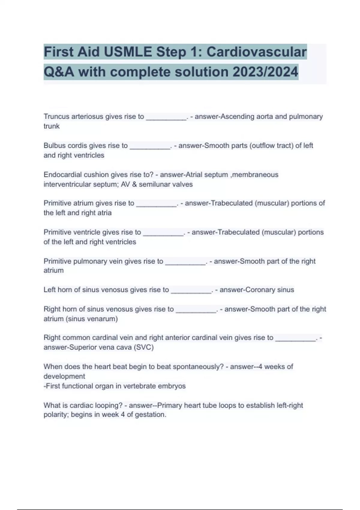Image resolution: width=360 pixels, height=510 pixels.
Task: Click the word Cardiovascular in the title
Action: (256, 52)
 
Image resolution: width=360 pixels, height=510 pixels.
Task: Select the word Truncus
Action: (56, 116)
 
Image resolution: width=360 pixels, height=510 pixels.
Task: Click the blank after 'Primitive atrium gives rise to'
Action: (156, 204)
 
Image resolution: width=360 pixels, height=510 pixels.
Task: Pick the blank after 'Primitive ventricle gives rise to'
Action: (163, 233)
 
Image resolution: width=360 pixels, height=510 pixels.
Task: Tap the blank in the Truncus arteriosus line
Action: (166, 117)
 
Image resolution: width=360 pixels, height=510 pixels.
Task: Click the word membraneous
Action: (255, 175)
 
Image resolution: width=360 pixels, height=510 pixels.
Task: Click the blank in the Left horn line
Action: (191, 291)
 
